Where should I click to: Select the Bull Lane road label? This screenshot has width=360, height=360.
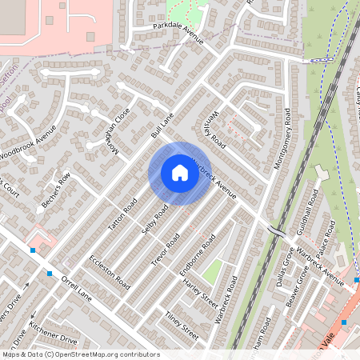pos(163,125)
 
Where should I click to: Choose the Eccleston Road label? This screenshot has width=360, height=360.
pos(110,272)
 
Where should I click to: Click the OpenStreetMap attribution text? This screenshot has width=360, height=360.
pos(80,354)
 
